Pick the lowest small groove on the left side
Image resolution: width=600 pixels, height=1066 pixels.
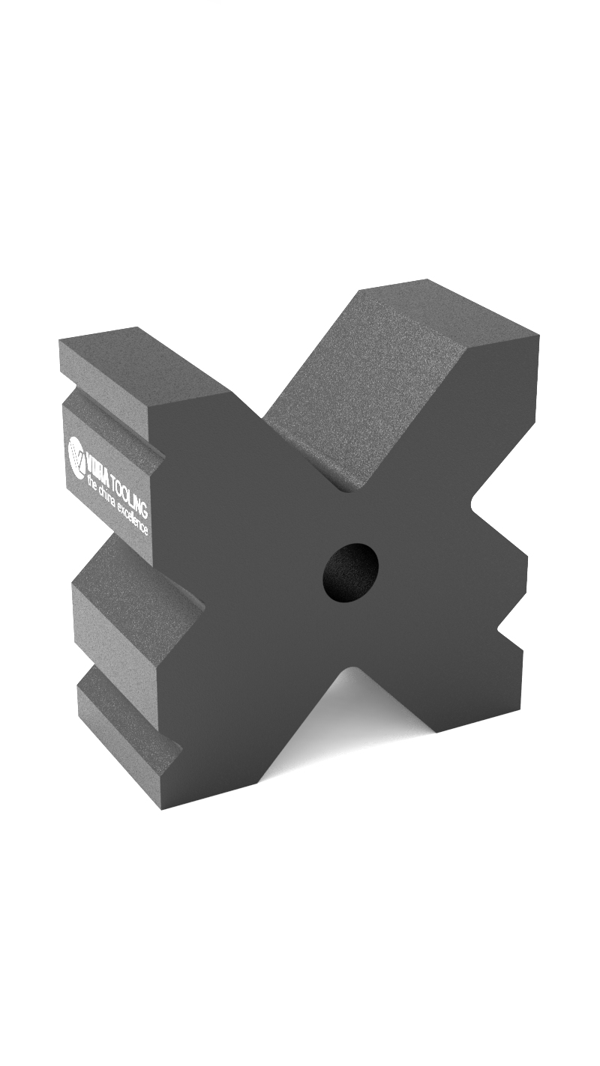[x=127, y=719]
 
